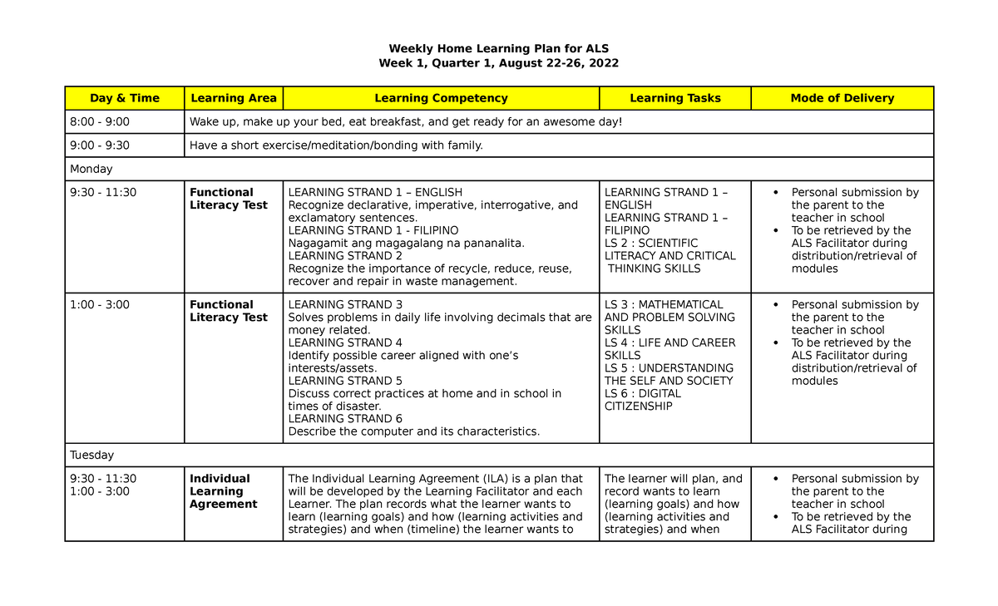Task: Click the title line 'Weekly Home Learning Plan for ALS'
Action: (498, 48)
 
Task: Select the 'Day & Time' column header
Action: (125, 98)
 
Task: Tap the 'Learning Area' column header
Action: (234, 98)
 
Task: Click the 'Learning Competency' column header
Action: (441, 98)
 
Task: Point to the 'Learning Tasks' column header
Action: (674, 98)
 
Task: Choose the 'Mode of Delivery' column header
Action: (842, 98)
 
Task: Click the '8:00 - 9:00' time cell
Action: (100, 122)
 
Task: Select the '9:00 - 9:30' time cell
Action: (100, 145)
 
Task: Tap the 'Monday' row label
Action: (91, 169)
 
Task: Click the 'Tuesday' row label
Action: (92, 455)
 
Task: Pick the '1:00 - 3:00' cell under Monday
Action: (100, 304)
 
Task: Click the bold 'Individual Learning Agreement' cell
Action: (223, 491)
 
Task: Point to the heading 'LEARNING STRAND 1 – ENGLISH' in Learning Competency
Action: (375, 192)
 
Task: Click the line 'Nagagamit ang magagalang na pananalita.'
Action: (407, 243)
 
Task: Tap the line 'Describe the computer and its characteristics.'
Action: (413, 431)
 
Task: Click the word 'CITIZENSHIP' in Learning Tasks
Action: (639, 406)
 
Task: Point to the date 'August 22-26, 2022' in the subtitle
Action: (560, 63)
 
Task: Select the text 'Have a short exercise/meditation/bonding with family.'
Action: (336, 145)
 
